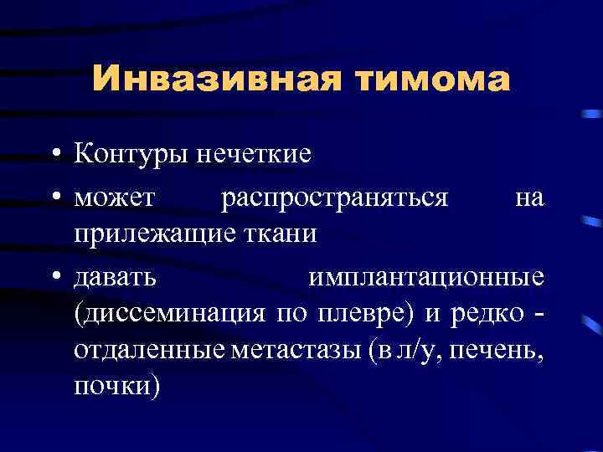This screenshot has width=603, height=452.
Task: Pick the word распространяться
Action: [x=335, y=198]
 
